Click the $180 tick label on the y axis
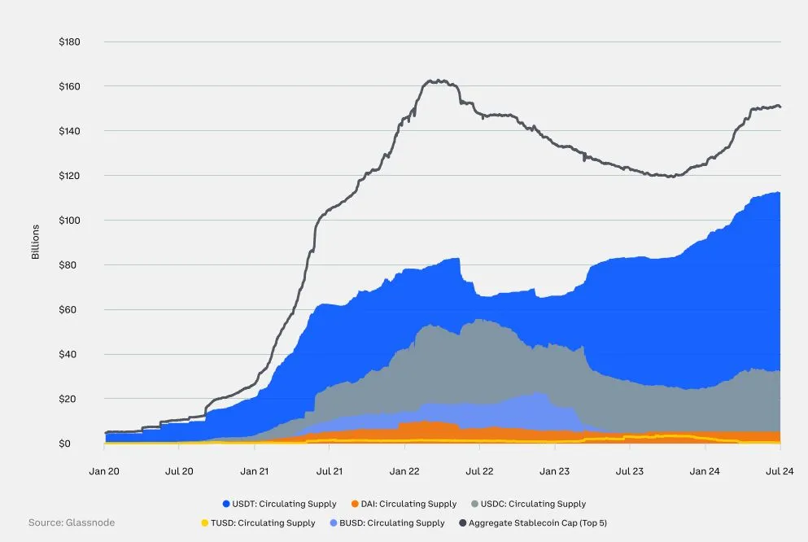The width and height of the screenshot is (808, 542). point(69,42)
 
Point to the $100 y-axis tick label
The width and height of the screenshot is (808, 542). point(69,221)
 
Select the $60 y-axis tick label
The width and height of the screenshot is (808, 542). point(72,310)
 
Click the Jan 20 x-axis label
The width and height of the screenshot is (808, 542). point(105,471)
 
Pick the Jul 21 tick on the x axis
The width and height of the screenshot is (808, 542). point(329,471)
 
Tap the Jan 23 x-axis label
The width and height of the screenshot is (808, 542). point(554,471)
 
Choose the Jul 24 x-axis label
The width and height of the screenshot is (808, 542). point(780,471)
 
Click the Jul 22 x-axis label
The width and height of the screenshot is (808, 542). point(479,471)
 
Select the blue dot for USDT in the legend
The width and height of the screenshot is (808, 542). point(225,504)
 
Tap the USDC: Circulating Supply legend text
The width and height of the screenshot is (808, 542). point(533,504)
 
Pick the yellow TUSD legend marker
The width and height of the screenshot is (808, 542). point(203,522)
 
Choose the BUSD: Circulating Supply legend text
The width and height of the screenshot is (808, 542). point(392,522)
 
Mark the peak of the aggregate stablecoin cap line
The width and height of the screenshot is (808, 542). point(438,81)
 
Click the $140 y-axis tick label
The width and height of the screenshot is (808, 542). point(69,131)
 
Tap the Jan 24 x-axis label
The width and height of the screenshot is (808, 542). point(705,471)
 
